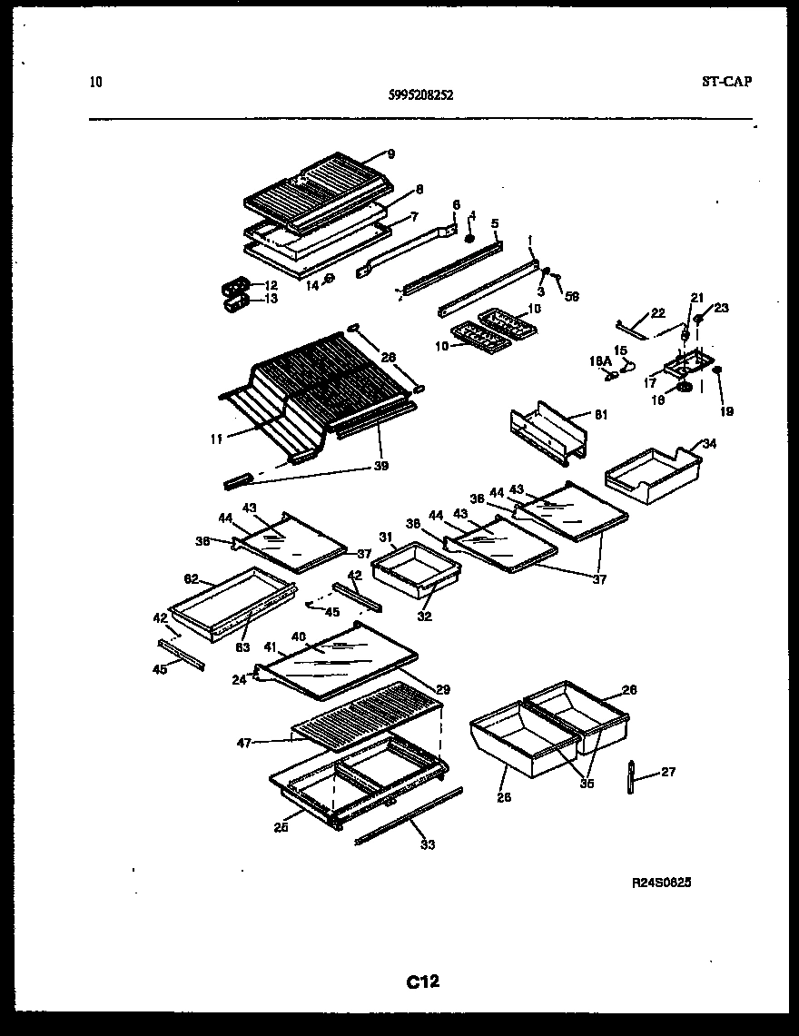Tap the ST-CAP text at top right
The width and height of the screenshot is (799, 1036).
[726, 82]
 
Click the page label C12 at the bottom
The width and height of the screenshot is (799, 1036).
[422, 982]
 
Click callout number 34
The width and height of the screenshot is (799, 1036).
[709, 444]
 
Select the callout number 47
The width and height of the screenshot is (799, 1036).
[244, 742]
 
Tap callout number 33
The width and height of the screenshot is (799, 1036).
[428, 844]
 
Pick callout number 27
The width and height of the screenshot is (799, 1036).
[667, 773]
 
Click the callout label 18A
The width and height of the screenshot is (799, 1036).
[600, 361]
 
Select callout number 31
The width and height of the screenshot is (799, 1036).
[384, 537]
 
